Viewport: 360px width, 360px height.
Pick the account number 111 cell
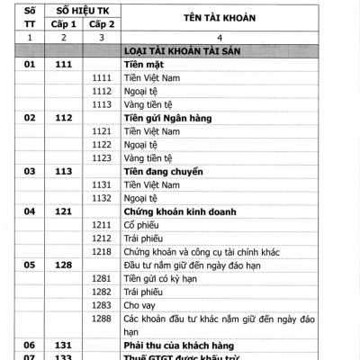[x=63, y=65]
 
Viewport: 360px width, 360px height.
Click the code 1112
[x=101, y=92]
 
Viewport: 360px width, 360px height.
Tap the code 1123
[x=101, y=157]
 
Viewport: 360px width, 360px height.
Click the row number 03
[x=29, y=171]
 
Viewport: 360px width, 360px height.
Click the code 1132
[x=101, y=197]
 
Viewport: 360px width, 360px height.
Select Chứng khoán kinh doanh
[x=179, y=211]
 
